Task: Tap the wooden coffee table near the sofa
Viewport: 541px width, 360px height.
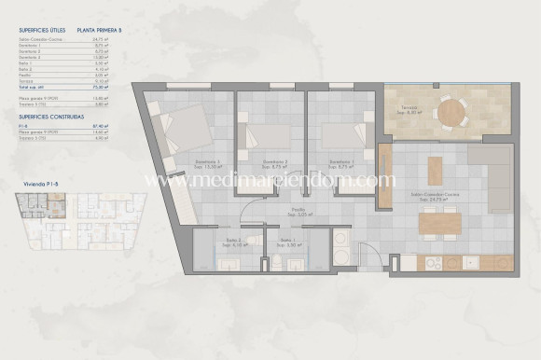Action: pos(433,170)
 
